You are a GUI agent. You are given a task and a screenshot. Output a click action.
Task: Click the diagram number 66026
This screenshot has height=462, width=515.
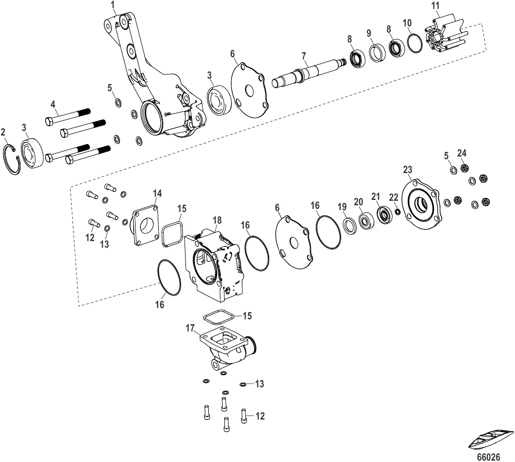pyautogui.click(x=488, y=457)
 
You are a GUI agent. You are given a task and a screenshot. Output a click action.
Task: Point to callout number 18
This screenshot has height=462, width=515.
pyautogui.click(x=217, y=220)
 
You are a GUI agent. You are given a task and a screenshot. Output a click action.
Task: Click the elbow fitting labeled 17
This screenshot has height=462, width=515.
pyautogui.click(x=230, y=349)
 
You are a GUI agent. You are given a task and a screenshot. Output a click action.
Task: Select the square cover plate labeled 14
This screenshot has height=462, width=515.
pyautogui.click(x=145, y=225)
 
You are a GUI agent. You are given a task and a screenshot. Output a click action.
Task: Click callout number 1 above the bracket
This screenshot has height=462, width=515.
pyautogui.click(x=113, y=5)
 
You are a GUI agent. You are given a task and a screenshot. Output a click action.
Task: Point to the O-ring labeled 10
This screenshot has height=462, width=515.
pyautogui.click(x=414, y=42)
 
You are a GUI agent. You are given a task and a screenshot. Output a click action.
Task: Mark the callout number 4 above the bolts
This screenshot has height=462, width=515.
pyautogui.click(x=53, y=105)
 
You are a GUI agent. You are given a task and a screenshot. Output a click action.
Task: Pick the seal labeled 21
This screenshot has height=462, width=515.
pyautogui.click(x=384, y=215)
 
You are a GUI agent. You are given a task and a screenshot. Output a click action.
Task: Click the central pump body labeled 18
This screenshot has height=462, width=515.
pyautogui.click(x=214, y=265)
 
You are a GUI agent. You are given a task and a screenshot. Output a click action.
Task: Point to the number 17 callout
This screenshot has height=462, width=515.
pyautogui.click(x=190, y=328)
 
